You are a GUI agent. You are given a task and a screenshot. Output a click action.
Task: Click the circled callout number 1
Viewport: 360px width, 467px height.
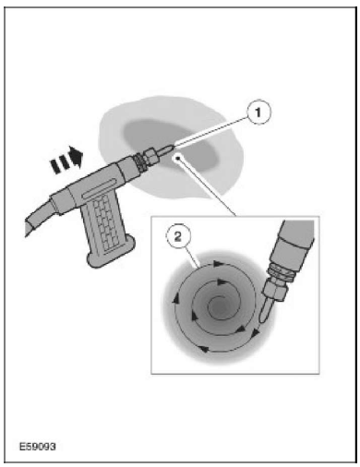[258, 112]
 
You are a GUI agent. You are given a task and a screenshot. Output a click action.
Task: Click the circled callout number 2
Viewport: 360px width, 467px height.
[178, 237]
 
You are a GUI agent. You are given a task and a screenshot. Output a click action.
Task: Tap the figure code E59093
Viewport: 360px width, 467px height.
[38, 447]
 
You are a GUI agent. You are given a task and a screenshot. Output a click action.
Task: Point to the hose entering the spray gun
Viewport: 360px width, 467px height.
[39, 214]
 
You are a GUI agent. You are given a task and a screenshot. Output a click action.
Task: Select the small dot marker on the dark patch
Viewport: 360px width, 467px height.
[178, 158]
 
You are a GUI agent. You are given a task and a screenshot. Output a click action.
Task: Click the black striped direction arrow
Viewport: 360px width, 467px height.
[66, 160]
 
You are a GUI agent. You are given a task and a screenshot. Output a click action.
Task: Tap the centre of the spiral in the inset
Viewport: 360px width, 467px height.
[219, 306]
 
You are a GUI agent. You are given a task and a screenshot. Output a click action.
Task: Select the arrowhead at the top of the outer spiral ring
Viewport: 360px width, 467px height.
[219, 264]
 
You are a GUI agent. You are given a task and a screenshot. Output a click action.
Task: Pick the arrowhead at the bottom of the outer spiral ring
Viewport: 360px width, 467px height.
[204, 349]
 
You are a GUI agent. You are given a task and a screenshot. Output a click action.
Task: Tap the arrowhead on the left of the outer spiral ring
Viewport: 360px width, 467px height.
[176, 298]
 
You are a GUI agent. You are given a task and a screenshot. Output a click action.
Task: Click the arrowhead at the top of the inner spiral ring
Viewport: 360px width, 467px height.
[222, 281]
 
